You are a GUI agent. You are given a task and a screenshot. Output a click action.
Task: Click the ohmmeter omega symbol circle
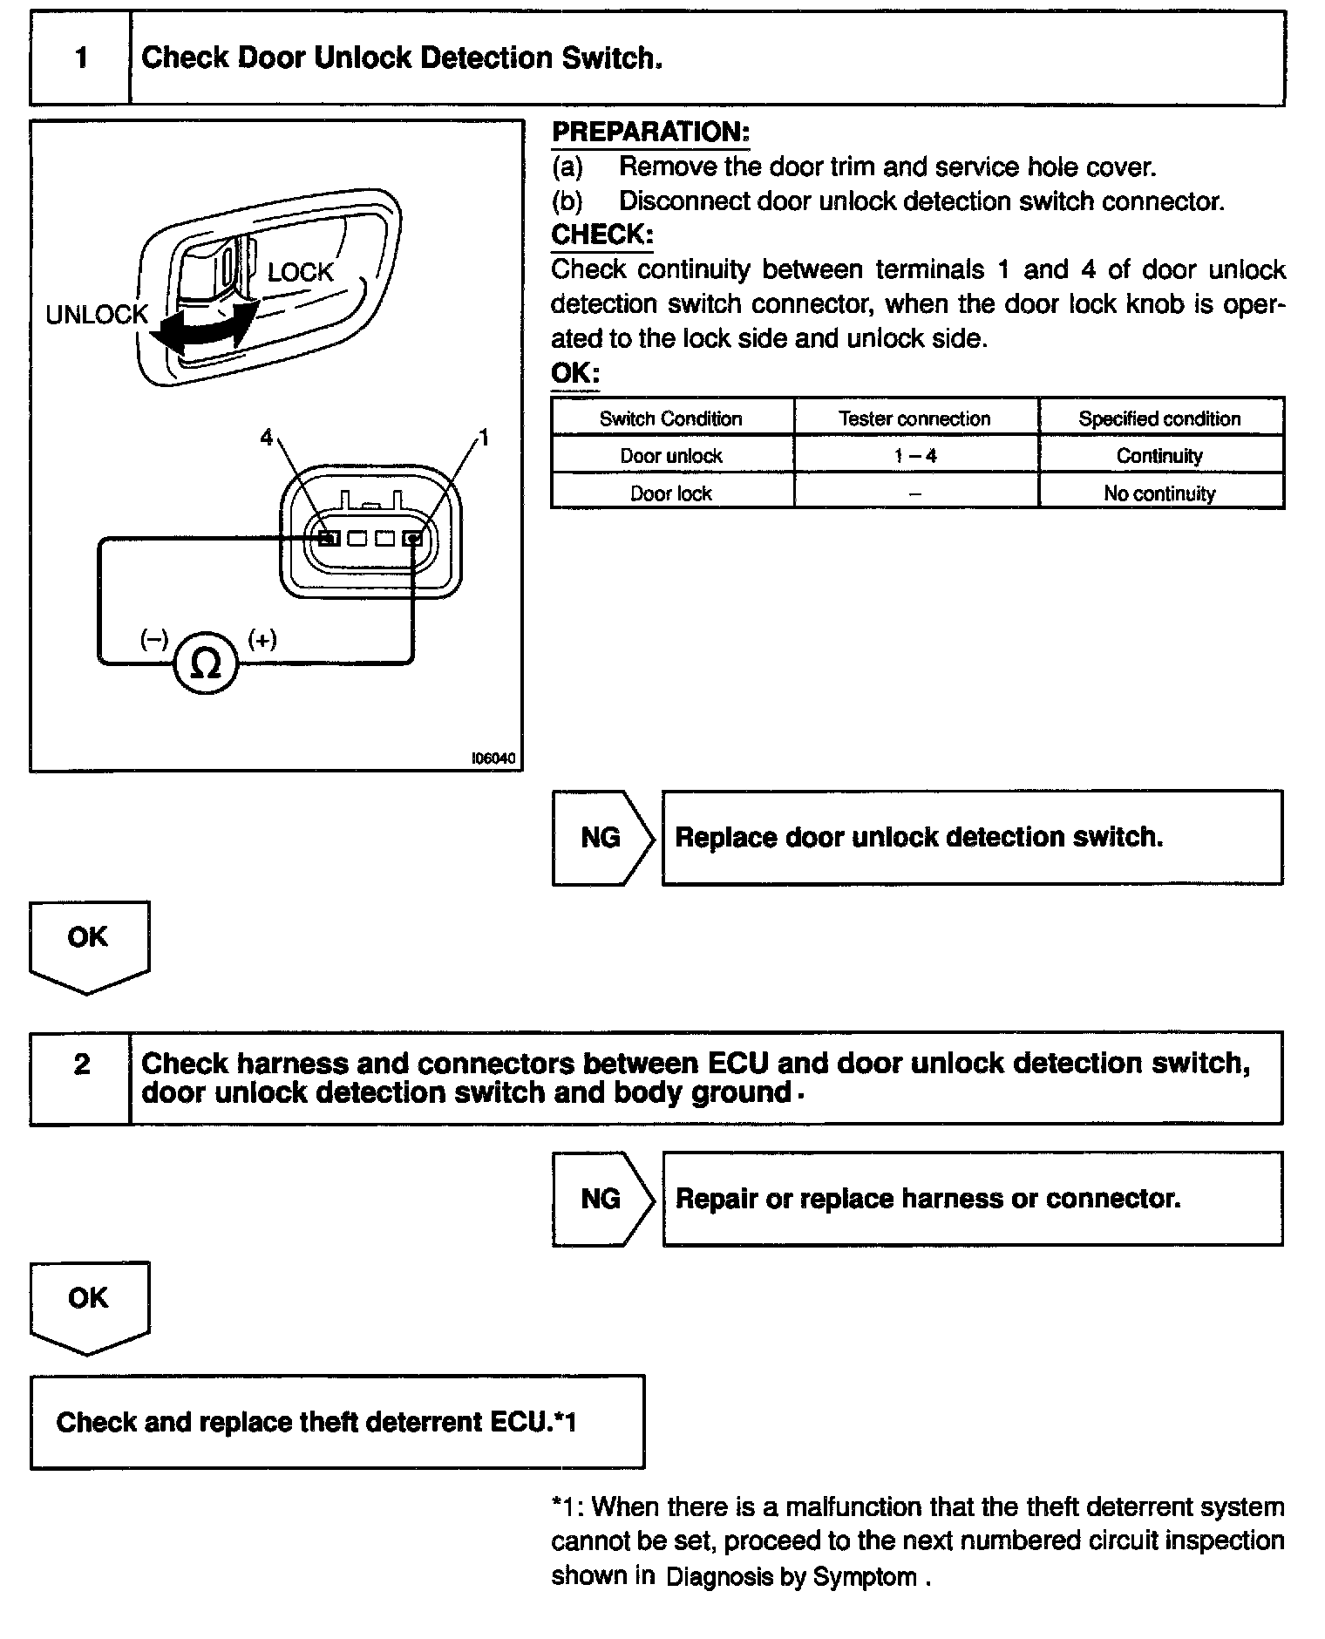coord(206,664)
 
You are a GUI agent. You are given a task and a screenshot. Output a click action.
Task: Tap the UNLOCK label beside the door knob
coord(97,315)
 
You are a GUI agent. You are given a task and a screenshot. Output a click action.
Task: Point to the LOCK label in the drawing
coord(300,273)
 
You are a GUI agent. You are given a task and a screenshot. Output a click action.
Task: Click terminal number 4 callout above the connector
coord(267,438)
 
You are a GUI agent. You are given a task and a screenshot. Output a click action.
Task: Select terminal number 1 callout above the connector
coord(484,438)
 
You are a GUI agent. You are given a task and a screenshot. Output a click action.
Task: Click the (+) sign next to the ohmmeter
coord(262,640)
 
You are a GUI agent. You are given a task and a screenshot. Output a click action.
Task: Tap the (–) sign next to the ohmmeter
coord(154,640)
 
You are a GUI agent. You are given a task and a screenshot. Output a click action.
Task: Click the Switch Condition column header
coord(670,418)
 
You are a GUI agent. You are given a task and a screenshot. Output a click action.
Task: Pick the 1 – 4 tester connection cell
coord(915,456)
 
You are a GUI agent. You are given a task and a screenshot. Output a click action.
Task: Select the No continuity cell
coord(1159,493)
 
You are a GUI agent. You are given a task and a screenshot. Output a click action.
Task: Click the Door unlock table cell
coord(670,456)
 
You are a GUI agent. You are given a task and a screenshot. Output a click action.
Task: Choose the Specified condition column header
coord(1159,418)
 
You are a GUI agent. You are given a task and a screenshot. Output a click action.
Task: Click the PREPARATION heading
coord(650,133)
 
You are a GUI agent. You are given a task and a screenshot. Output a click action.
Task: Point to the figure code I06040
coord(493,758)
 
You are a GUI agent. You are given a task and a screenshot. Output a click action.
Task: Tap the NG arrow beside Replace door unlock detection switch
coord(601,838)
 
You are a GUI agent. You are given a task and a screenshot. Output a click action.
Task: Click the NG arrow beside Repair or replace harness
coord(601,1199)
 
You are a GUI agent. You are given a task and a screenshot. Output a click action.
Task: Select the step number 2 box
coord(81,1064)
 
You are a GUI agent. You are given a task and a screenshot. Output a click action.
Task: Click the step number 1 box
coord(81,58)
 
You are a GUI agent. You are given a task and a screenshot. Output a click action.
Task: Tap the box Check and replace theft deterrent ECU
coord(337,1422)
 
